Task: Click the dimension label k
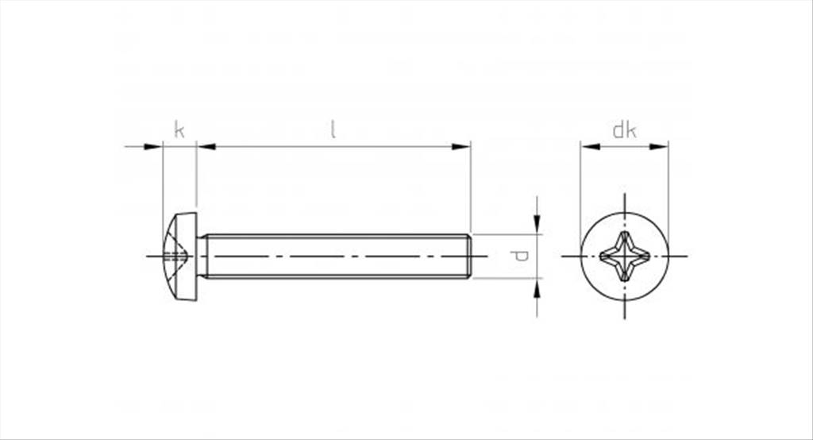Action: [179, 129]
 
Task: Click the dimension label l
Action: [333, 129]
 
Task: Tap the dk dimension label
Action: [624, 129]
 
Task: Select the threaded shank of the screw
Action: [337, 257]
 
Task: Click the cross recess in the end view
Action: [624, 257]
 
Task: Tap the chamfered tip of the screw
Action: [469, 257]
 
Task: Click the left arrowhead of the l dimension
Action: [206, 147]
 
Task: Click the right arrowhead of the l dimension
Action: [461, 147]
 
